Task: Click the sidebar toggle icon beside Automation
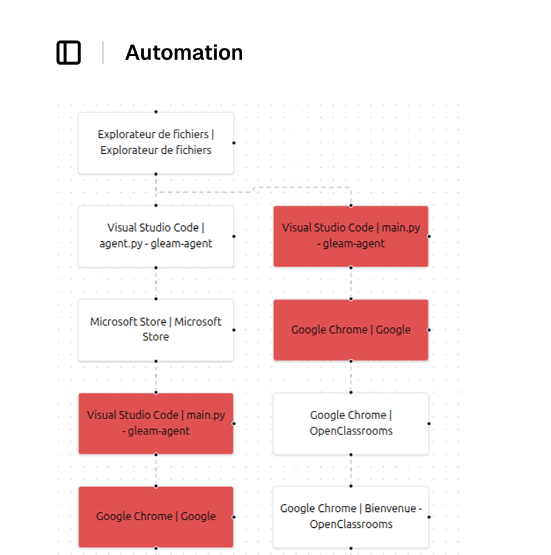[x=69, y=53]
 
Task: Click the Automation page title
[x=184, y=53]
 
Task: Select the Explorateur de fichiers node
[x=156, y=143]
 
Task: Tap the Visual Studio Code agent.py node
[x=156, y=236]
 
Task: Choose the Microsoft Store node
[x=156, y=330]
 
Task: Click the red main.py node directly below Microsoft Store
[x=156, y=423]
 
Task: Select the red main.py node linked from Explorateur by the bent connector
[x=351, y=236]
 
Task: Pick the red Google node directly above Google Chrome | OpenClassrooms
[x=351, y=330]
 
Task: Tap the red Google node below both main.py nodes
[x=156, y=517]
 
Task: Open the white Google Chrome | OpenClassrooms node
[x=351, y=423]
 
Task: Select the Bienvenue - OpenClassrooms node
[x=351, y=517]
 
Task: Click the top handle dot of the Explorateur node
[x=156, y=112]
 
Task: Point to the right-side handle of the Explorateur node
[x=234, y=143]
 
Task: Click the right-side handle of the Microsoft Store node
[x=234, y=330]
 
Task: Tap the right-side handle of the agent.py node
[x=234, y=236]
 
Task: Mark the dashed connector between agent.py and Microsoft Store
[x=156, y=283]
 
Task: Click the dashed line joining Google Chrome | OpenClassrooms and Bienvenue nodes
[x=351, y=470]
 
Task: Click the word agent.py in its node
[x=121, y=244]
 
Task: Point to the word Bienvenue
[x=391, y=508]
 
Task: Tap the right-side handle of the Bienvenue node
[x=428, y=517]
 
